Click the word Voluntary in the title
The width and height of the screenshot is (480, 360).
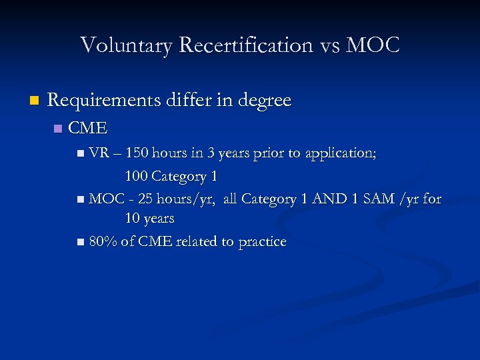(x=126, y=45)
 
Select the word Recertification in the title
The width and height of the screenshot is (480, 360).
(x=243, y=45)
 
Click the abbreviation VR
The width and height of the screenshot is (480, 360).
(x=99, y=153)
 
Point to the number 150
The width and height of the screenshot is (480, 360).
(x=137, y=153)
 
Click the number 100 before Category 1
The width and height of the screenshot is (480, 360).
(x=136, y=176)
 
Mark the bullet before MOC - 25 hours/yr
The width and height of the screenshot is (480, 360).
(x=81, y=199)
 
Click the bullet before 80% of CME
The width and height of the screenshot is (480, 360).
(x=81, y=242)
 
